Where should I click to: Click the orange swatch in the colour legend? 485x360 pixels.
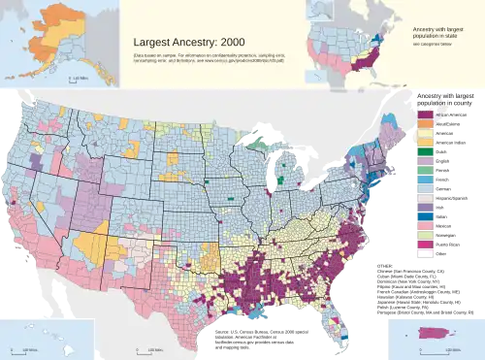tap(424, 127)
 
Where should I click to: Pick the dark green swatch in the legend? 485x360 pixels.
tap(424, 181)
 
